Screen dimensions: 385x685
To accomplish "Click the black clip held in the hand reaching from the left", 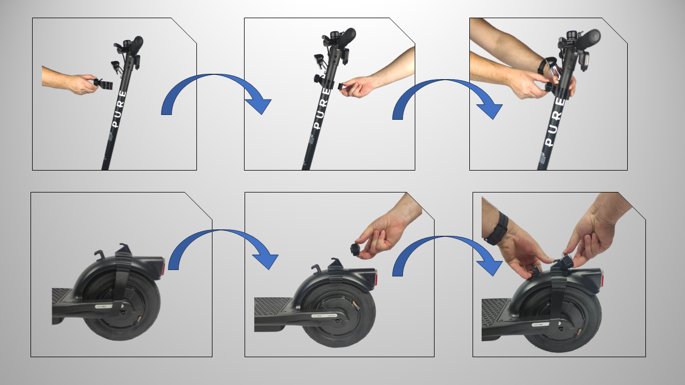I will [104, 84].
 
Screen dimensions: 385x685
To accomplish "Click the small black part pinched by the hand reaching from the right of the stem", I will [343, 85].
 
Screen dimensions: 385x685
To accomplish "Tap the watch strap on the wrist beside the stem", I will [544, 65].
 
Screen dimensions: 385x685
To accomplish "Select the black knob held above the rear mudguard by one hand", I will [354, 249].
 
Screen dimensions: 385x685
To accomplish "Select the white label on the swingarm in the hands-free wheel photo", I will [101, 307].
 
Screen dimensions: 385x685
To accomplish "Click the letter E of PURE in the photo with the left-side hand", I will [123, 93].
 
